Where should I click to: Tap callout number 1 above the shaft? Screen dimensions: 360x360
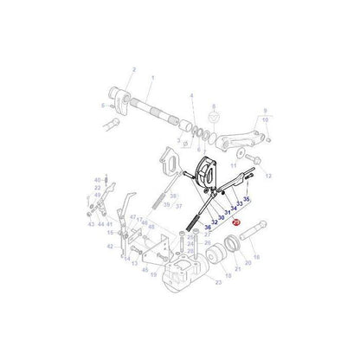coord(151,78)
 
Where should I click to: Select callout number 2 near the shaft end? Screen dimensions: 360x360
coord(134,68)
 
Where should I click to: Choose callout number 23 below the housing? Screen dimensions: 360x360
coord(217,282)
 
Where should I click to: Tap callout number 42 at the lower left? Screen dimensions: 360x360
coord(110,247)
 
